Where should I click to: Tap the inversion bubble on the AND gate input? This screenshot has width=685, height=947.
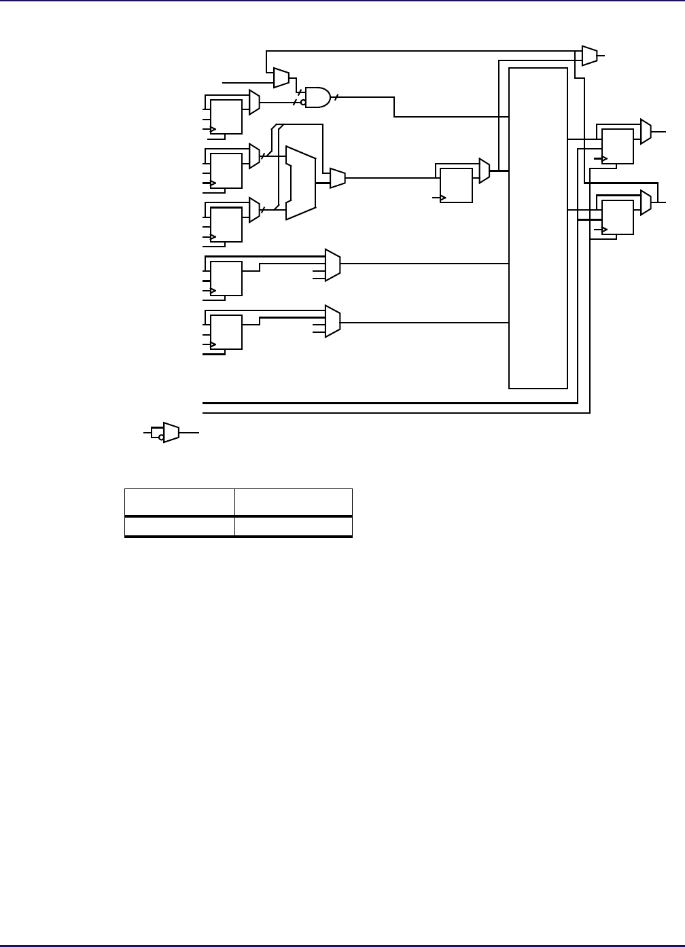pos(303,103)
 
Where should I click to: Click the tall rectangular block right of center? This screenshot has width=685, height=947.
pos(538,228)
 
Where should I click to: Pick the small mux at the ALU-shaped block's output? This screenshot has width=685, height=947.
pos(338,179)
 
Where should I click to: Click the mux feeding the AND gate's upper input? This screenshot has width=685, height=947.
pos(281,77)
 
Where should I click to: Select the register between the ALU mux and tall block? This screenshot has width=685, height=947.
pos(456,185)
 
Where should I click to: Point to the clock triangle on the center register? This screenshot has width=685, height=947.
pos(443,198)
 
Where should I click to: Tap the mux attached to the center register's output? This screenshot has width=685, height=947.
pos(485,171)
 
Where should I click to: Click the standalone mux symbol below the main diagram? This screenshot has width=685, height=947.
pos(171,432)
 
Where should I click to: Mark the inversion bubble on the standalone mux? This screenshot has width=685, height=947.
pos(161,437)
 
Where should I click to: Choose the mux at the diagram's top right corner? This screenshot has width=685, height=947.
pos(590,56)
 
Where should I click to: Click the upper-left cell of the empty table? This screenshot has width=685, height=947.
pos(179,502)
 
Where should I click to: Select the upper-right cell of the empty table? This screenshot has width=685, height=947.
pos(293,502)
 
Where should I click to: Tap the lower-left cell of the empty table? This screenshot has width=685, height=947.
pos(179,526)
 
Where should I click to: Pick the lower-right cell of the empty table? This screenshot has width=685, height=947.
pos(293,526)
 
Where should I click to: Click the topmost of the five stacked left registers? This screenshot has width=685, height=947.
pos(226,117)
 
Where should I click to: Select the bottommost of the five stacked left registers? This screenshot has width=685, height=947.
pos(226,332)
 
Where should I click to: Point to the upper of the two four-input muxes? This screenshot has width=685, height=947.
pos(333,265)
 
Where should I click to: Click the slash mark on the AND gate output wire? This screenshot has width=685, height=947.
pos(336,97)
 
